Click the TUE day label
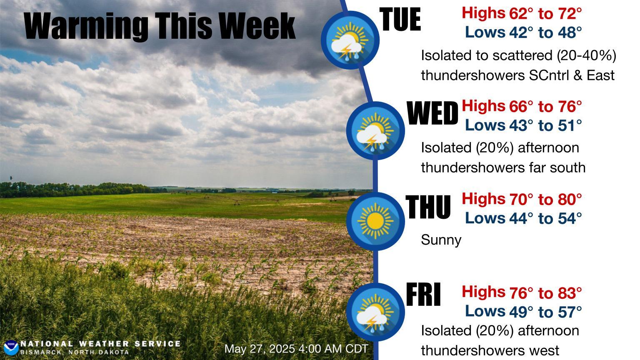coord(400,19)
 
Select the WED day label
coord(432,113)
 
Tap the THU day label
coord(428,207)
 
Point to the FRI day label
coord(423,294)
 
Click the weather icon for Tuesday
coord(350,40)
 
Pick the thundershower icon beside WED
coord(375,130)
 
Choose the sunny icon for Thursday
coord(375,221)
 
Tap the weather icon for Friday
coord(375,312)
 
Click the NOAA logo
coord(11,348)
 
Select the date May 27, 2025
coord(260,349)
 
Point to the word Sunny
coord(441,240)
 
